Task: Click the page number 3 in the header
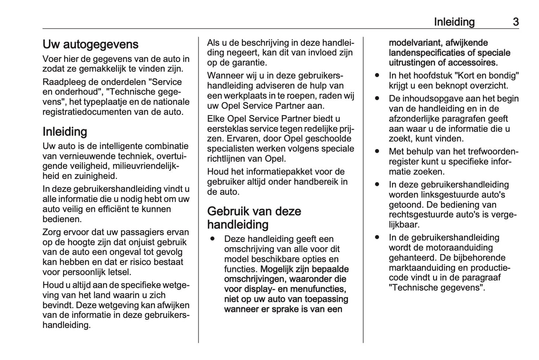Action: pos(516,22)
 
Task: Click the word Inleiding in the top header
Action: pos(454,22)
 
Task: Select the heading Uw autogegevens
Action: pos(90,44)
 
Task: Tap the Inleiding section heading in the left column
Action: pos(65,132)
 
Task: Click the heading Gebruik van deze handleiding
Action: pos(254,218)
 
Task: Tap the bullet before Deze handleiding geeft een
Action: pos(213,239)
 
